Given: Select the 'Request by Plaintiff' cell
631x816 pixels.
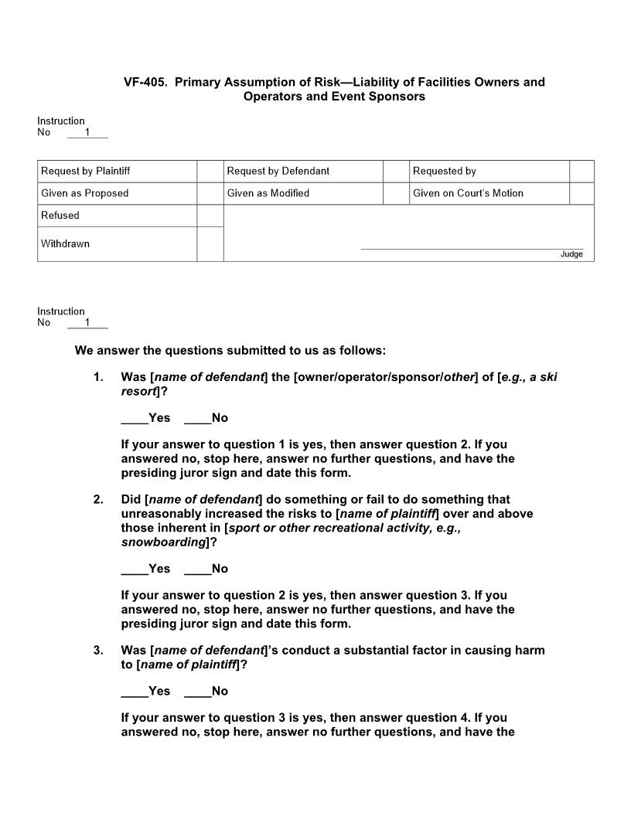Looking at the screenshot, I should [x=84, y=171].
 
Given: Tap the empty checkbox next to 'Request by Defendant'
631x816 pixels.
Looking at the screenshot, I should [x=396, y=171].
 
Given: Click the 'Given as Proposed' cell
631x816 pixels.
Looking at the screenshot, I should [x=84, y=193].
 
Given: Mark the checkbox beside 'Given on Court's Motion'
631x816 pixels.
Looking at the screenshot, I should [x=582, y=193].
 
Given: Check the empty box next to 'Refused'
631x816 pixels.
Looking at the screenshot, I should [x=210, y=216].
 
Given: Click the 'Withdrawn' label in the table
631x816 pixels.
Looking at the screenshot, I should [x=65, y=243].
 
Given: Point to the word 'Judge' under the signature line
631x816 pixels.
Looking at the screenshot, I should [x=571, y=254].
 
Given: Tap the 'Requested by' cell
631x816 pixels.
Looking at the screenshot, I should [x=445, y=171].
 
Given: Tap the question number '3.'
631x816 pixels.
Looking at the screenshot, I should [x=98, y=650].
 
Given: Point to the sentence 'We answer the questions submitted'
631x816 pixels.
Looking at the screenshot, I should [x=230, y=350].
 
